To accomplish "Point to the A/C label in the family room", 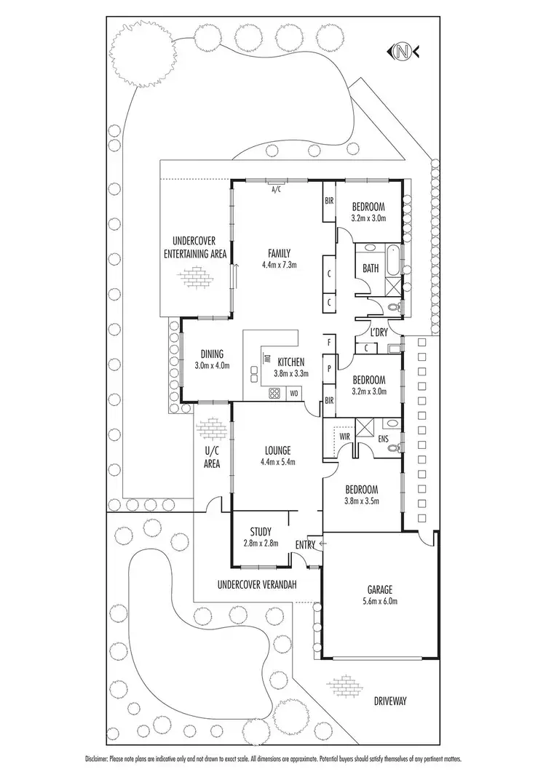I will tap(276, 190).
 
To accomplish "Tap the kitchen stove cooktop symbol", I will tap(275, 394).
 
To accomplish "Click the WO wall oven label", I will tap(294, 394).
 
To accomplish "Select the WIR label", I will tap(346, 437).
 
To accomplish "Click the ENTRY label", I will tap(305, 544).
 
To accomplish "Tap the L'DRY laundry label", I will tap(378, 333).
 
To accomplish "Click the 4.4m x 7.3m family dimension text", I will tap(279, 266).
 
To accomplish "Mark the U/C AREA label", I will tap(211, 456).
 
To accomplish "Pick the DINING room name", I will tap(212, 354).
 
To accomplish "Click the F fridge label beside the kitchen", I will tap(329, 342).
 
